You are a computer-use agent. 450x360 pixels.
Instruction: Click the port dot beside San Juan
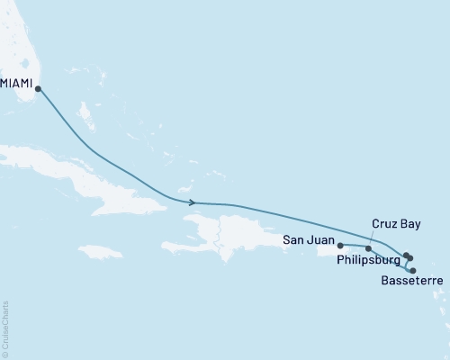340,244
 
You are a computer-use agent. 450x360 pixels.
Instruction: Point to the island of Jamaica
99,251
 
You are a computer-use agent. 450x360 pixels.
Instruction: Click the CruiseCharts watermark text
5,328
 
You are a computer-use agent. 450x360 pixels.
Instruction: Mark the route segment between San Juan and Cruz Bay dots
354,246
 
